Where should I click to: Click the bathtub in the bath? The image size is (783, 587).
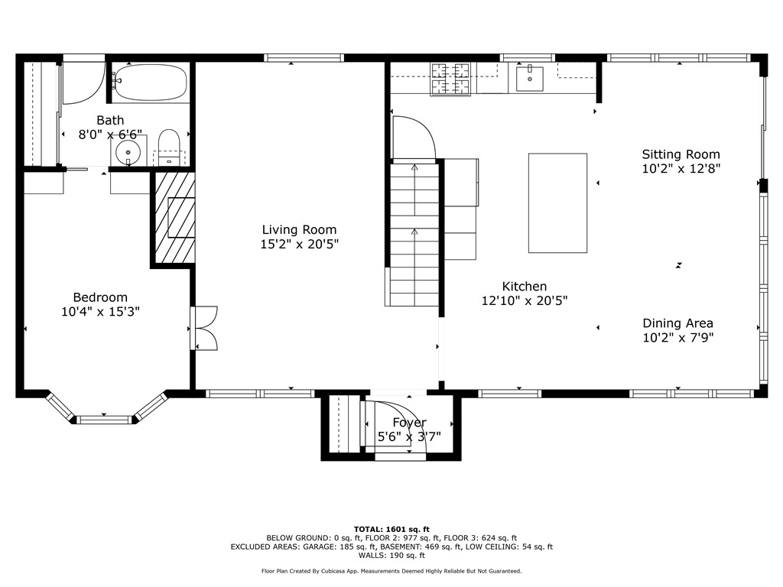(150, 83)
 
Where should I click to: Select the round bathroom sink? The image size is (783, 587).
(128, 151)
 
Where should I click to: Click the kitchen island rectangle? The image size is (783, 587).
(557, 203)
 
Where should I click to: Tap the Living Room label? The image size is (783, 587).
(299, 229)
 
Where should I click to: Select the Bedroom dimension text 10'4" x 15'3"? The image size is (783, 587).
(100, 312)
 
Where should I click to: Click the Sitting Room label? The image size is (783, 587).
(681, 154)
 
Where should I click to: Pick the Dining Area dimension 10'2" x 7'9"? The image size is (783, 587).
(677, 338)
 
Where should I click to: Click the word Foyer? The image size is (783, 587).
(409, 423)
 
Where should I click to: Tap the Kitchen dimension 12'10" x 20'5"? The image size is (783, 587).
(524, 301)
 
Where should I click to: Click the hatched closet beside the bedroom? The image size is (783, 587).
(174, 218)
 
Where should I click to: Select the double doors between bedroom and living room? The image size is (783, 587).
(205, 328)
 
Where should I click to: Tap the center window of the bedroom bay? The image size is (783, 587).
(105, 419)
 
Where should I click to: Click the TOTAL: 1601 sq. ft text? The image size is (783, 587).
(391, 529)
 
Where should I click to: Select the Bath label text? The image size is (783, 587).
(110, 120)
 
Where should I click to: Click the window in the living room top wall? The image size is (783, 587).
(304, 57)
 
